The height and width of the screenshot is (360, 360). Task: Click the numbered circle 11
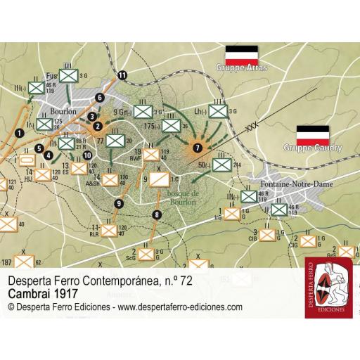[124, 75]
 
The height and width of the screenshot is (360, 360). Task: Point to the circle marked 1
[20, 132]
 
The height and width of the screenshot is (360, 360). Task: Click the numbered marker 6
[100, 97]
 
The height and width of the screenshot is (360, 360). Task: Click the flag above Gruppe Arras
[241, 54]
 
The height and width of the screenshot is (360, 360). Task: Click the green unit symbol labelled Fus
[68, 72]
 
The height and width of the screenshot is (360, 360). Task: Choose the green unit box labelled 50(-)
[221, 165]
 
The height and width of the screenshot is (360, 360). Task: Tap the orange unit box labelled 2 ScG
[145, 252]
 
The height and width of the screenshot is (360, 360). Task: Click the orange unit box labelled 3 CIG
[267, 234]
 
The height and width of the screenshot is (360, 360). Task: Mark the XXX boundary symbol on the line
[252, 127]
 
